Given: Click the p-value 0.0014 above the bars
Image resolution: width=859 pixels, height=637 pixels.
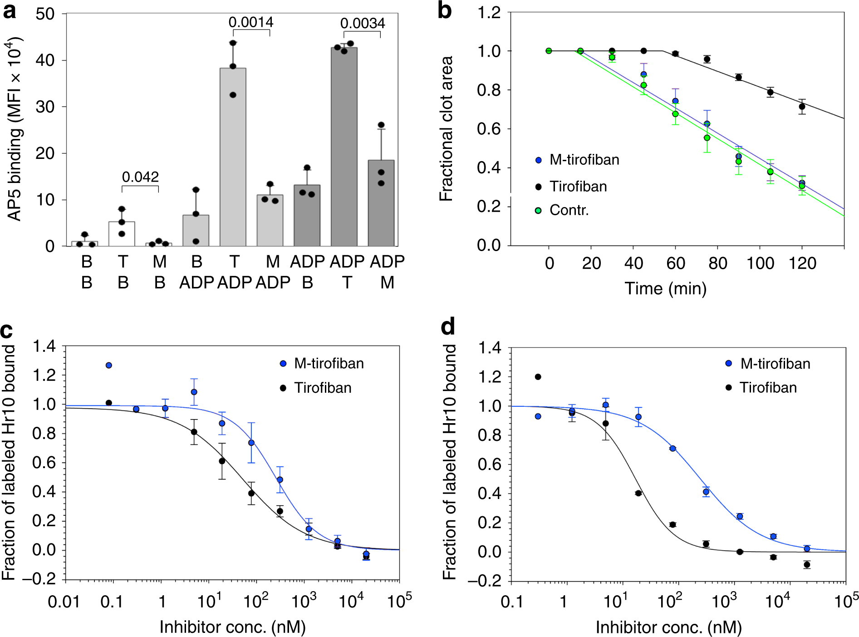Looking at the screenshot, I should point(250,22).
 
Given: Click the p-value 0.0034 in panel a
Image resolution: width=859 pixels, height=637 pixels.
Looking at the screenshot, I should point(362,23).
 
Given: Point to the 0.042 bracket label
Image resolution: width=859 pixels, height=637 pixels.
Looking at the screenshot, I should point(140,177).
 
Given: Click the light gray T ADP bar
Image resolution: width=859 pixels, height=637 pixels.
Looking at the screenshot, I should point(233,157).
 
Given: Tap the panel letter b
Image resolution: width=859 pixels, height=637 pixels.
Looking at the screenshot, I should point(445,10).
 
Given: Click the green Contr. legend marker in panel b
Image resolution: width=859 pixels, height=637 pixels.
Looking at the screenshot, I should point(538,210).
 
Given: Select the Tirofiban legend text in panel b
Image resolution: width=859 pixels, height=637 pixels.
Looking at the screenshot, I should point(578,187).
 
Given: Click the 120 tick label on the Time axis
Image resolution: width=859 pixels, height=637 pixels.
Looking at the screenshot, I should point(802,263).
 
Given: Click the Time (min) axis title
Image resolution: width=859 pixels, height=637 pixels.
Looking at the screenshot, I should point(665,288).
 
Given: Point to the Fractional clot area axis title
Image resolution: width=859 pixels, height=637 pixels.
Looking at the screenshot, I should point(447,128).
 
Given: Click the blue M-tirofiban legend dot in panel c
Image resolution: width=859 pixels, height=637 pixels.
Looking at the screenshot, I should point(283,364).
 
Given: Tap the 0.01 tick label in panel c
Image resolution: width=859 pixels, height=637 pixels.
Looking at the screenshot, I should point(64,602).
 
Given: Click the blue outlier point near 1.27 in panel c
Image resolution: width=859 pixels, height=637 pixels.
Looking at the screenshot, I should point(109,365).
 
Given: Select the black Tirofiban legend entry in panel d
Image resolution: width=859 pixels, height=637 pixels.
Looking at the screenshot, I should point(768,387).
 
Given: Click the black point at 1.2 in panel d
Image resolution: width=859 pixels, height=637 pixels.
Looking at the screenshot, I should point(538,377).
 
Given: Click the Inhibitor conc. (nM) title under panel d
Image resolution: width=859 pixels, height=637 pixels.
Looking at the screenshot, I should point(668,627).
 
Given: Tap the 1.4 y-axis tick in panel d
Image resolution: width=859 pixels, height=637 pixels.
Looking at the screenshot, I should point(490,348).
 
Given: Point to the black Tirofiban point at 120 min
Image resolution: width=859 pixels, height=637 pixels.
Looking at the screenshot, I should point(802,107).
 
